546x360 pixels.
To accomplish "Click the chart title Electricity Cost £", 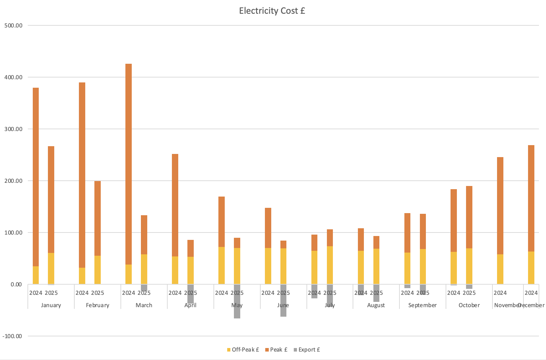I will point(272,11).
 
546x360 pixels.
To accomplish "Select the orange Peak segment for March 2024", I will point(129,164).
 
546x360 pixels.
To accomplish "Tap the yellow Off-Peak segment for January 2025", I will point(51,268).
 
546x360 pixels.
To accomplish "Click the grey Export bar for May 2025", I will point(237,302).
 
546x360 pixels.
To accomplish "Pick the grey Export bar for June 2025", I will point(283,300).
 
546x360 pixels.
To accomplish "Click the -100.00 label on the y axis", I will point(12,336).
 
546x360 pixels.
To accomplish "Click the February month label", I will point(98,305).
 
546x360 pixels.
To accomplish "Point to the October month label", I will point(469,305).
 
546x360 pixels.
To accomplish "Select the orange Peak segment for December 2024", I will point(531,198).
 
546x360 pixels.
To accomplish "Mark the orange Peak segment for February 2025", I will point(98,218).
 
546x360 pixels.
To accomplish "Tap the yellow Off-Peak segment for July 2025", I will point(330,265).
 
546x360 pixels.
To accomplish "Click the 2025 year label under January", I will point(51,293).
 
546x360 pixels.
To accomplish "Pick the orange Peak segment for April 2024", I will point(175,205).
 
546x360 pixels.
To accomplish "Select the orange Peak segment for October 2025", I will point(469,217).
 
